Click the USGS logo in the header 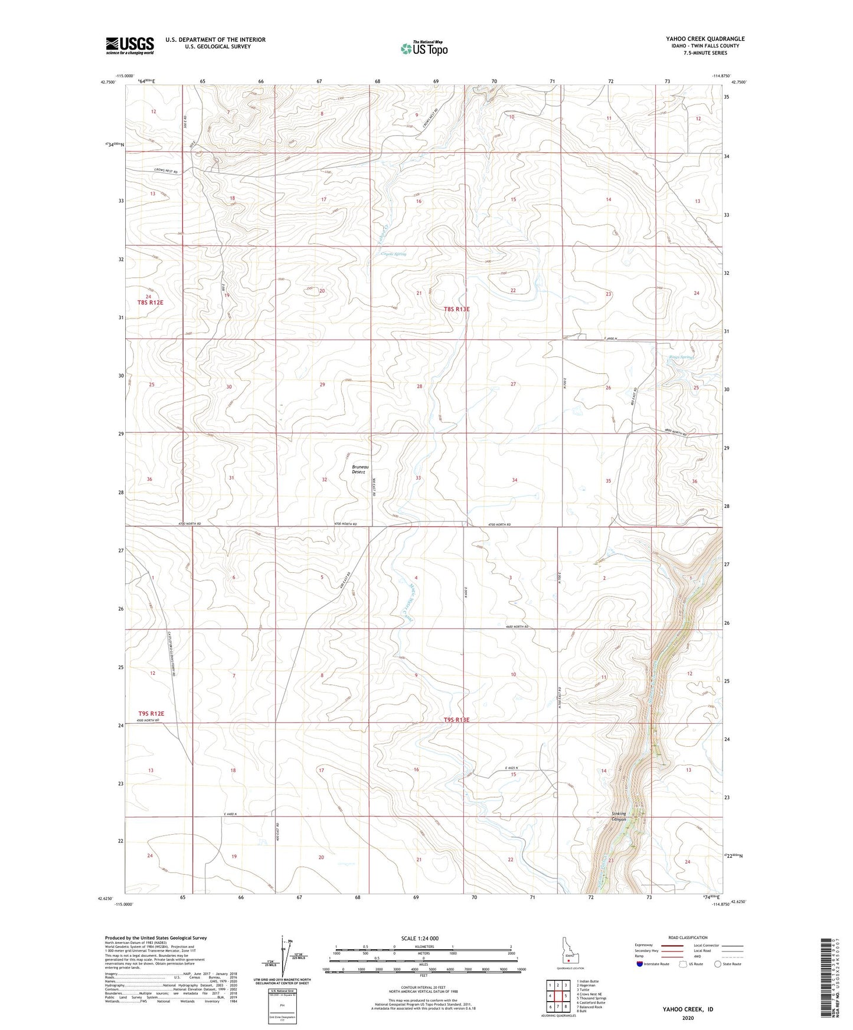pyautogui.click(x=130, y=45)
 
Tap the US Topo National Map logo pyautogui.click(x=423, y=48)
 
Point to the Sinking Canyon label pyautogui.click(x=618, y=816)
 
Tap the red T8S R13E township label pyautogui.click(x=457, y=309)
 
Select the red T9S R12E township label pyautogui.click(x=151, y=714)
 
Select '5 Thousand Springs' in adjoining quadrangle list pyautogui.click(x=591, y=998)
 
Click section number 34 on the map pyautogui.click(x=515, y=480)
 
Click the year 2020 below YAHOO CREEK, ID pyautogui.click(x=687, y=1018)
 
